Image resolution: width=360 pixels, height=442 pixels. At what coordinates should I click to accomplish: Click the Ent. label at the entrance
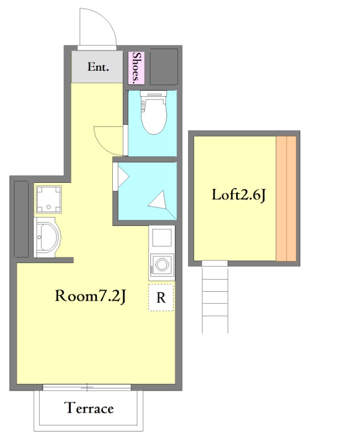click(98, 67)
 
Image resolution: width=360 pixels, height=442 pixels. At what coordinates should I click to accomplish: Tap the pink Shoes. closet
click(136, 68)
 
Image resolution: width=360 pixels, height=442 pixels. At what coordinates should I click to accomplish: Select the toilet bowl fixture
click(154, 113)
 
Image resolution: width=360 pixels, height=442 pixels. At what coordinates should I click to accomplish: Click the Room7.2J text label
click(90, 296)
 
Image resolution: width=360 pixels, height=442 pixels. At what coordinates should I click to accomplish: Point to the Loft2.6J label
click(239, 195)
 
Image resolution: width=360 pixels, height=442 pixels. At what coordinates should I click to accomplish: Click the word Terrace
click(89, 408)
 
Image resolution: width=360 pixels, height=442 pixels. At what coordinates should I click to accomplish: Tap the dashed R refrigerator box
click(161, 298)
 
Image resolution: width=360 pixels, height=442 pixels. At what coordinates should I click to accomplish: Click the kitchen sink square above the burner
click(161, 238)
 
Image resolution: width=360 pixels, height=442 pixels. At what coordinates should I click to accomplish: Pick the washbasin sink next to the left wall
click(47, 237)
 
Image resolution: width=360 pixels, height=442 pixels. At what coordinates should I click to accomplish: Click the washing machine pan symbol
click(49, 199)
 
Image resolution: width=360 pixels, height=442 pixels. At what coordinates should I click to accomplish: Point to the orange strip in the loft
click(286, 198)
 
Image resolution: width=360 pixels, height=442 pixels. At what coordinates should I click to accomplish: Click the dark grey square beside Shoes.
click(164, 67)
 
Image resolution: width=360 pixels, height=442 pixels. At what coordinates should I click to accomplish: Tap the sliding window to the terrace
click(87, 387)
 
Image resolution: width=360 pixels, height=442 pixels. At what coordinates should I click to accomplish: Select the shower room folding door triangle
click(122, 177)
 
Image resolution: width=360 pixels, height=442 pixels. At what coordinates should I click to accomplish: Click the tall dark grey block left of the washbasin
click(21, 219)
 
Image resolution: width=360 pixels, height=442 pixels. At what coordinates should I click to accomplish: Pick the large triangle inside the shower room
click(159, 201)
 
